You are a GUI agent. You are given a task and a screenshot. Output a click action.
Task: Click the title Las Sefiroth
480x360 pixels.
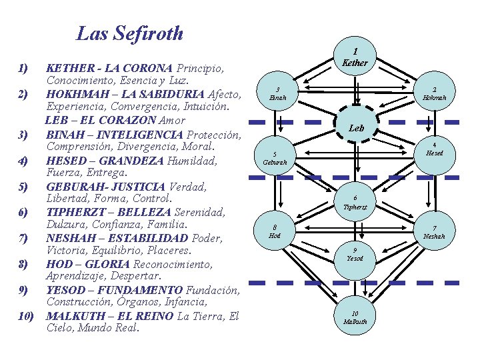click(x=130, y=33)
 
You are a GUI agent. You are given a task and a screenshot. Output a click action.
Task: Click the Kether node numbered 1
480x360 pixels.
click(x=355, y=57)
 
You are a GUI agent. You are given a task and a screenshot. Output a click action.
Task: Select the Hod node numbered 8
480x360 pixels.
click(x=275, y=231)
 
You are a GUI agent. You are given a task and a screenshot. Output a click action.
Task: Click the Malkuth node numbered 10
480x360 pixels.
click(x=355, y=317)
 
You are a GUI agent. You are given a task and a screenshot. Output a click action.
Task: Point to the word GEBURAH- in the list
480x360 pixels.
click(x=73, y=186)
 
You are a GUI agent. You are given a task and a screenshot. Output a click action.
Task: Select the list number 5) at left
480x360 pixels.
click(x=23, y=186)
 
